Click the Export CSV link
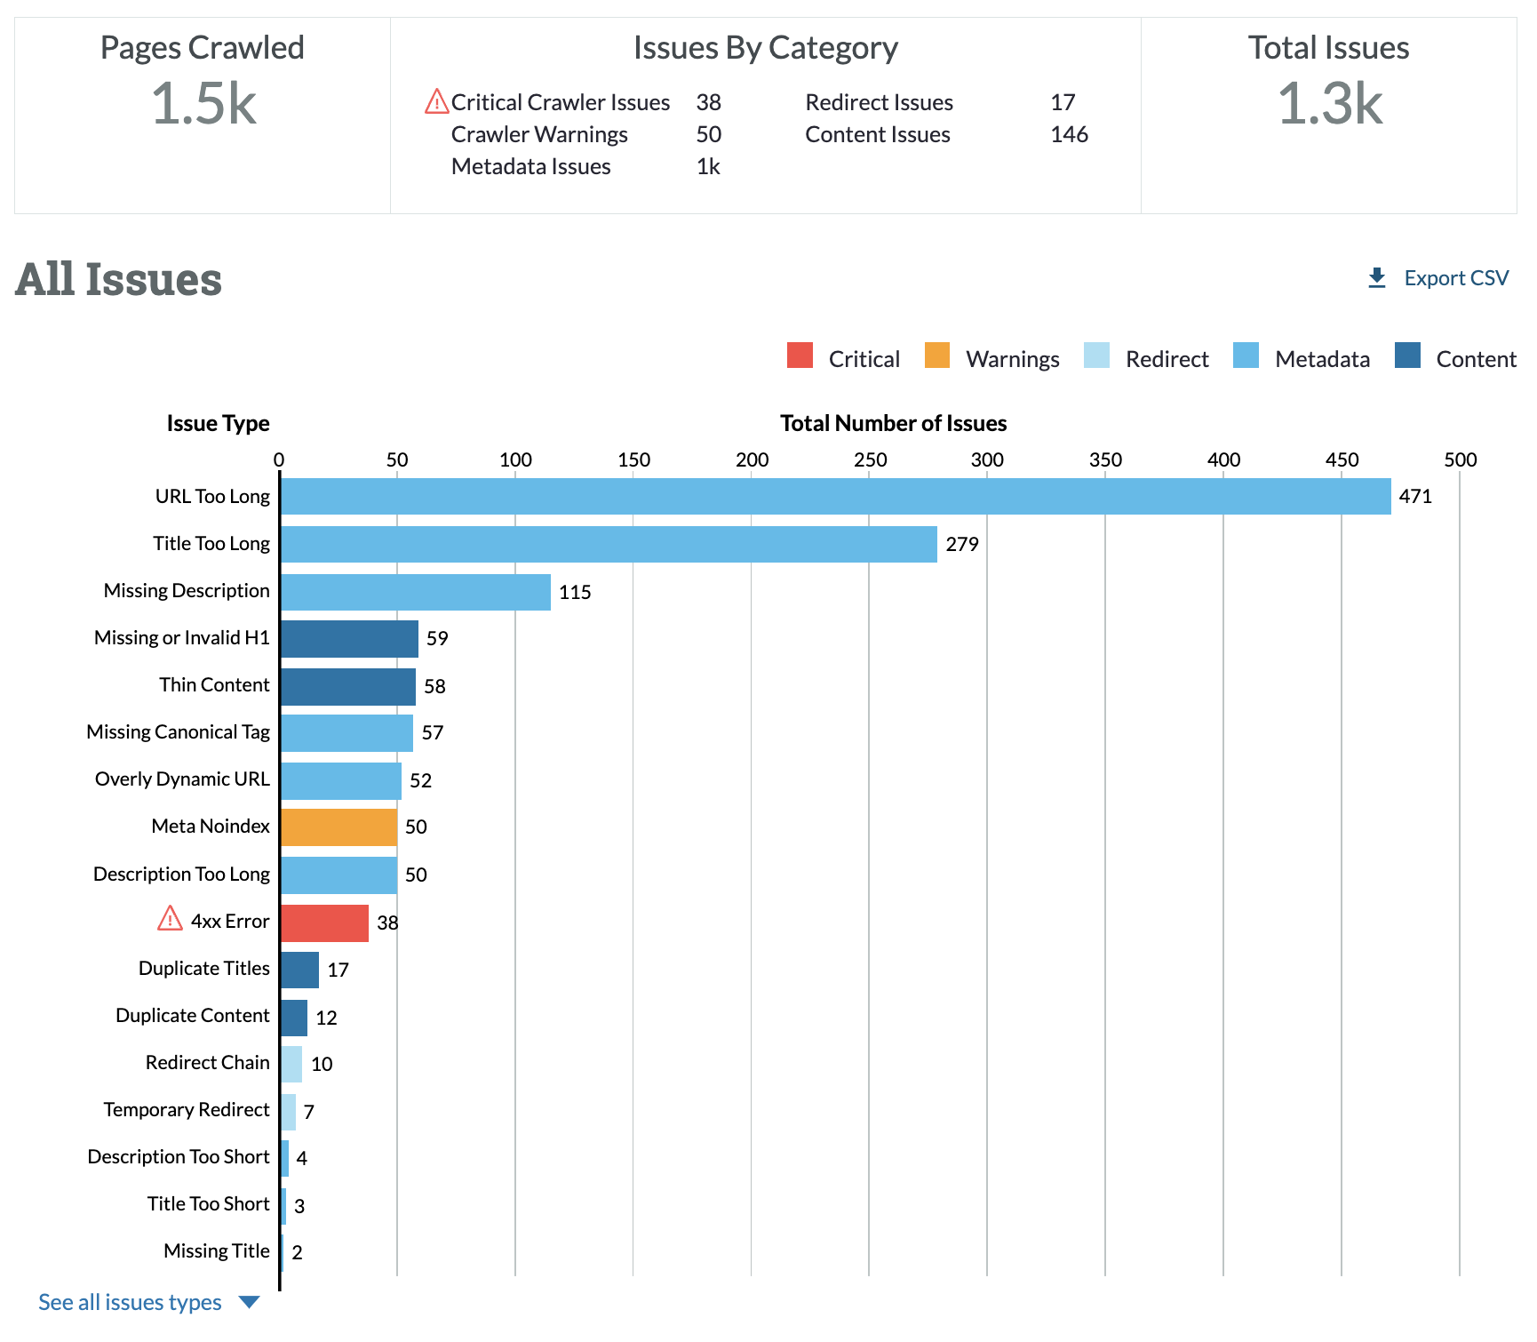(1455, 278)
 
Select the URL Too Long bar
(835, 496)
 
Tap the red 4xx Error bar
(324, 923)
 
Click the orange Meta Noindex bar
(338, 827)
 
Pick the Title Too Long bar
(609, 544)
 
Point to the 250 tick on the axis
(870, 459)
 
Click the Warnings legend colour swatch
(937, 355)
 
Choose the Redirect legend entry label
(1167, 359)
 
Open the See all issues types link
(131, 1302)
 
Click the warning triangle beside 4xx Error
(170, 918)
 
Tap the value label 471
(1415, 496)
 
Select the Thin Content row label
(214, 684)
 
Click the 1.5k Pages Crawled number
(203, 103)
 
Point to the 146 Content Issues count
(1069, 134)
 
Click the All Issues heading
(118, 279)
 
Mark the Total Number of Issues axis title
(893, 423)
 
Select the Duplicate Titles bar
(299, 970)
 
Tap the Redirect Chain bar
(291, 1064)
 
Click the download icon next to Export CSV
(1377, 278)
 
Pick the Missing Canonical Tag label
(178, 731)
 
